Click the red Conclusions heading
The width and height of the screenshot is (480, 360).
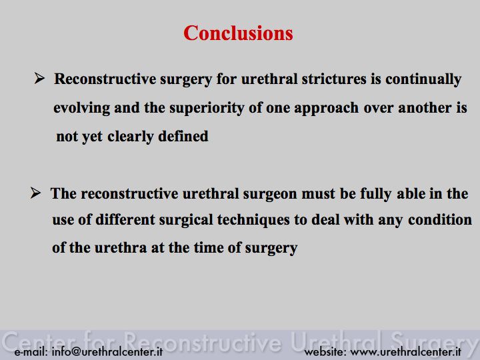pyautogui.click(x=238, y=33)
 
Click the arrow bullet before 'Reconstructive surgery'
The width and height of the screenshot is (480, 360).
pyautogui.click(x=39, y=78)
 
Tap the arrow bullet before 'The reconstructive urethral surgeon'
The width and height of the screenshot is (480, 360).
pyautogui.click(x=35, y=193)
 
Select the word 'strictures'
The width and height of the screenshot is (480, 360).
pyautogui.click(x=334, y=79)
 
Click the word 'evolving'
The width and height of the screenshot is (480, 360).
pyautogui.click(x=82, y=109)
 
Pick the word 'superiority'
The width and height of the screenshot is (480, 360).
pyautogui.click(x=207, y=109)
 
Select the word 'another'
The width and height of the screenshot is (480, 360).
pyautogui.click(x=425, y=108)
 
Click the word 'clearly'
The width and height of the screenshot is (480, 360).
pyautogui.click(x=131, y=137)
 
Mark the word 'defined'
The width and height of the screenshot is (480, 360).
pyautogui.click(x=183, y=136)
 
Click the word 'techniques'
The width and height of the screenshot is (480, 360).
pyautogui.click(x=253, y=221)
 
